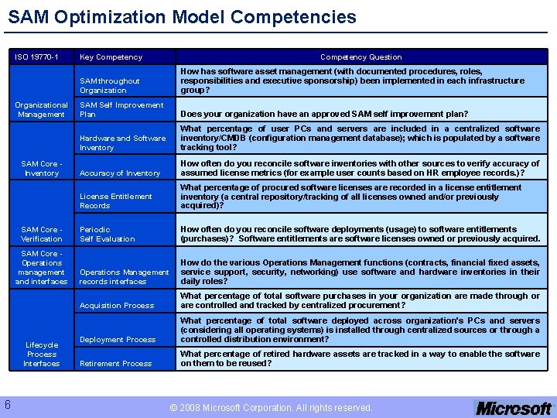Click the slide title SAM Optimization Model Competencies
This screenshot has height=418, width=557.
(183, 17)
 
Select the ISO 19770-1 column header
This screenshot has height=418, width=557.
(37, 57)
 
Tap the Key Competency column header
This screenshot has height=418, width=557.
(111, 57)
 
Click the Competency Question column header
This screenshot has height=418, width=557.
(361, 57)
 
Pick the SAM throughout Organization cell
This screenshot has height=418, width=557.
(110, 85)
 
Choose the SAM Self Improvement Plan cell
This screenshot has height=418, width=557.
(121, 109)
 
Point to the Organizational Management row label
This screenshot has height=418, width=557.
(42, 109)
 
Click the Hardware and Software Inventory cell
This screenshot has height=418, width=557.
(122, 142)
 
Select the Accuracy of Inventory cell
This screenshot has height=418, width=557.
(120, 173)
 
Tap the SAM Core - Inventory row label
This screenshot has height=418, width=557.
(42, 168)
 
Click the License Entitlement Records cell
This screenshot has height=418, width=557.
(116, 200)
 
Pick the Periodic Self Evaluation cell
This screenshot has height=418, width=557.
(108, 234)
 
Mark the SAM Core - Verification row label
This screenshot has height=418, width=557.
(42, 234)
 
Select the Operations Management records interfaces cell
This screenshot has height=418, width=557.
(124, 276)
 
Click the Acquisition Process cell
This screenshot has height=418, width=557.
(117, 306)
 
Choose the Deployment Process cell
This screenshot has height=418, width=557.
(118, 340)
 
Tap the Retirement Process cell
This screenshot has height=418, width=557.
(116, 364)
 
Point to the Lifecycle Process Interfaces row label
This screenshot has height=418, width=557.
(42, 354)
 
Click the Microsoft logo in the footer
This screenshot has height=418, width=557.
(514, 407)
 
